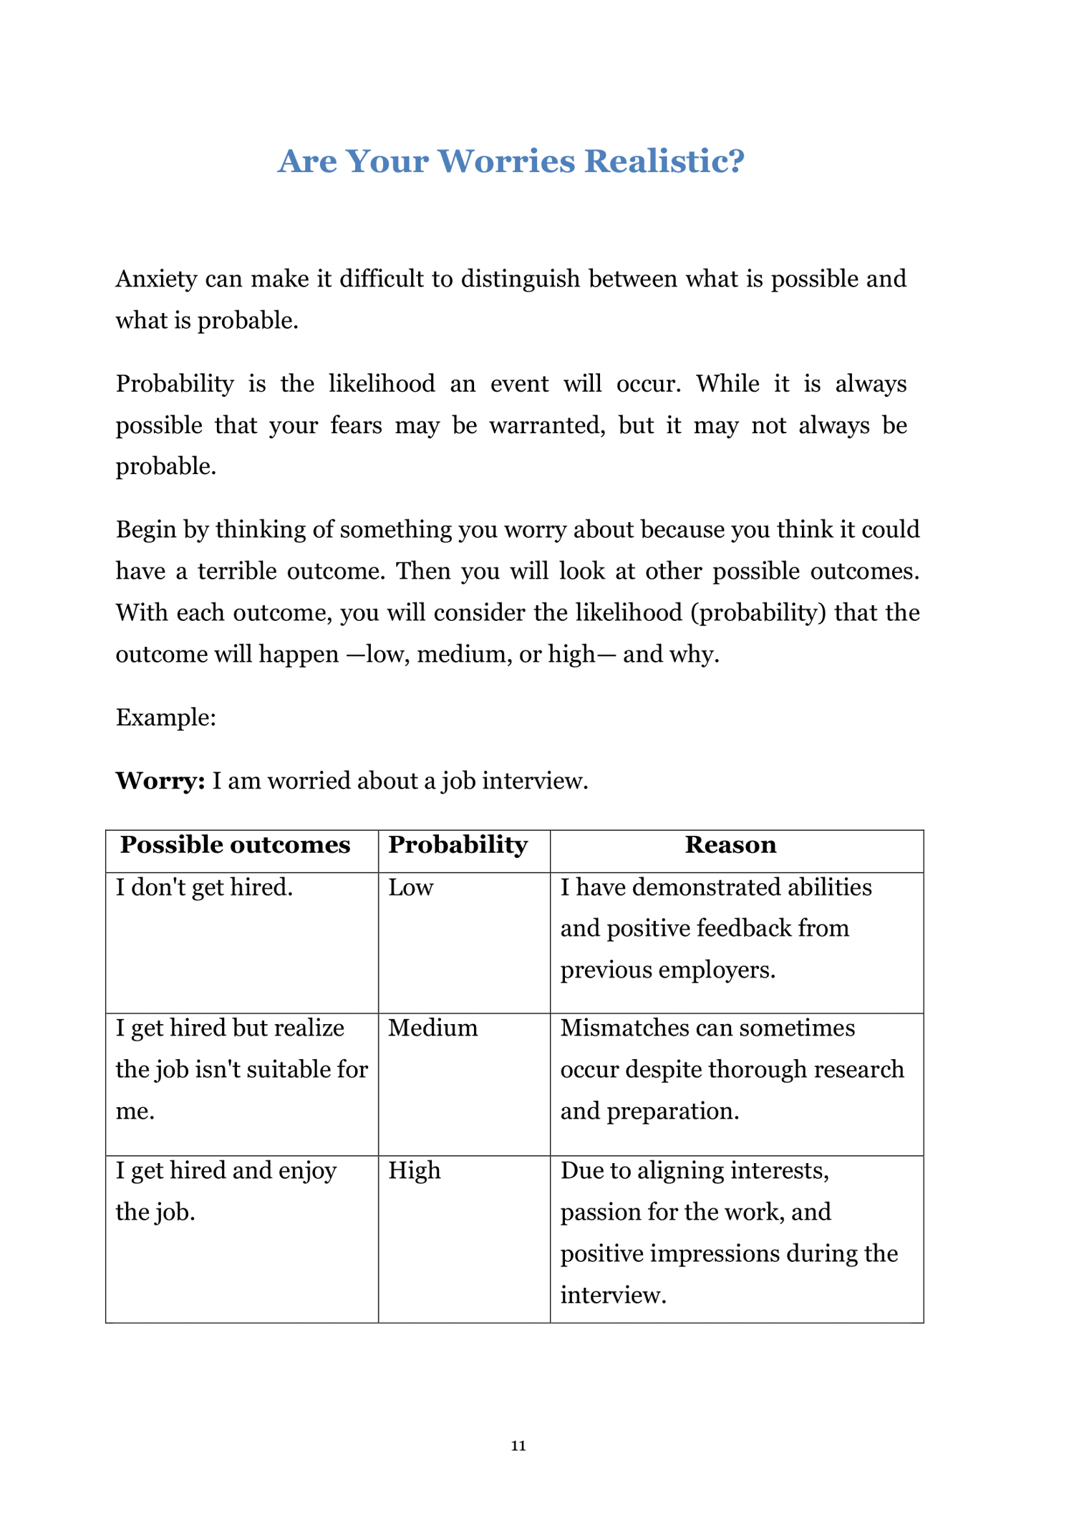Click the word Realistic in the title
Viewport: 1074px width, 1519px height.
pos(664,161)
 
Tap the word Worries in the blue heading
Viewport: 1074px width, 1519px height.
pos(511,161)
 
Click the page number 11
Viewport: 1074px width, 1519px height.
pos(518,1445)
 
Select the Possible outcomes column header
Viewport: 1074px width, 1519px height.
pos(235,845)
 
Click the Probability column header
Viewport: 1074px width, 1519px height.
pos(458,845)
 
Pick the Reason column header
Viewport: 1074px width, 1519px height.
pos(730,845)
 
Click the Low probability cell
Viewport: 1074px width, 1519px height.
pos(411,888)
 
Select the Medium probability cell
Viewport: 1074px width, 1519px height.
pos(432,1028)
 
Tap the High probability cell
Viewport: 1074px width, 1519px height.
pos(415,1170)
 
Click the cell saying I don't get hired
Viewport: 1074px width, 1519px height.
pos(204,888)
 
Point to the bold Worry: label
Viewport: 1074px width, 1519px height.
pos(160,781)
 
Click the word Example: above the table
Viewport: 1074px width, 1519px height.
pos(166,718)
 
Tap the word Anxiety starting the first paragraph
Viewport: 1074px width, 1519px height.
pos(156,279)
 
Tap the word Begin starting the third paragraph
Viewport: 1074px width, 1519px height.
pos(146,530)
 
